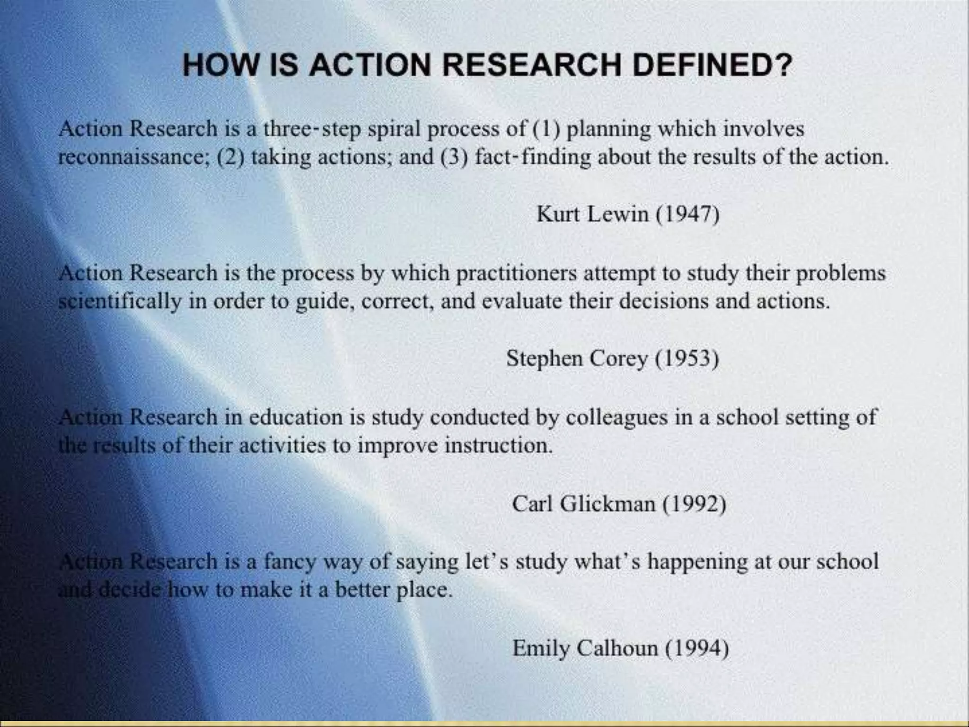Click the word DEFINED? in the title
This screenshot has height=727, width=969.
click(x=712, y=65)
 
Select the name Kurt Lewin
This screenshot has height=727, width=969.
click(x=592, y=214)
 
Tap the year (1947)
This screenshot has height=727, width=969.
click(x=687, y=214)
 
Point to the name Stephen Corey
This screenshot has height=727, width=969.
click(x=577, y=358)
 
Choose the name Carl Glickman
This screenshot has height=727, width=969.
click(x=583, y=503)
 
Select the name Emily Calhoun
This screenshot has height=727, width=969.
click(x=585, y=648)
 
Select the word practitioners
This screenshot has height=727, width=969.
click(x=516, y=274)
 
